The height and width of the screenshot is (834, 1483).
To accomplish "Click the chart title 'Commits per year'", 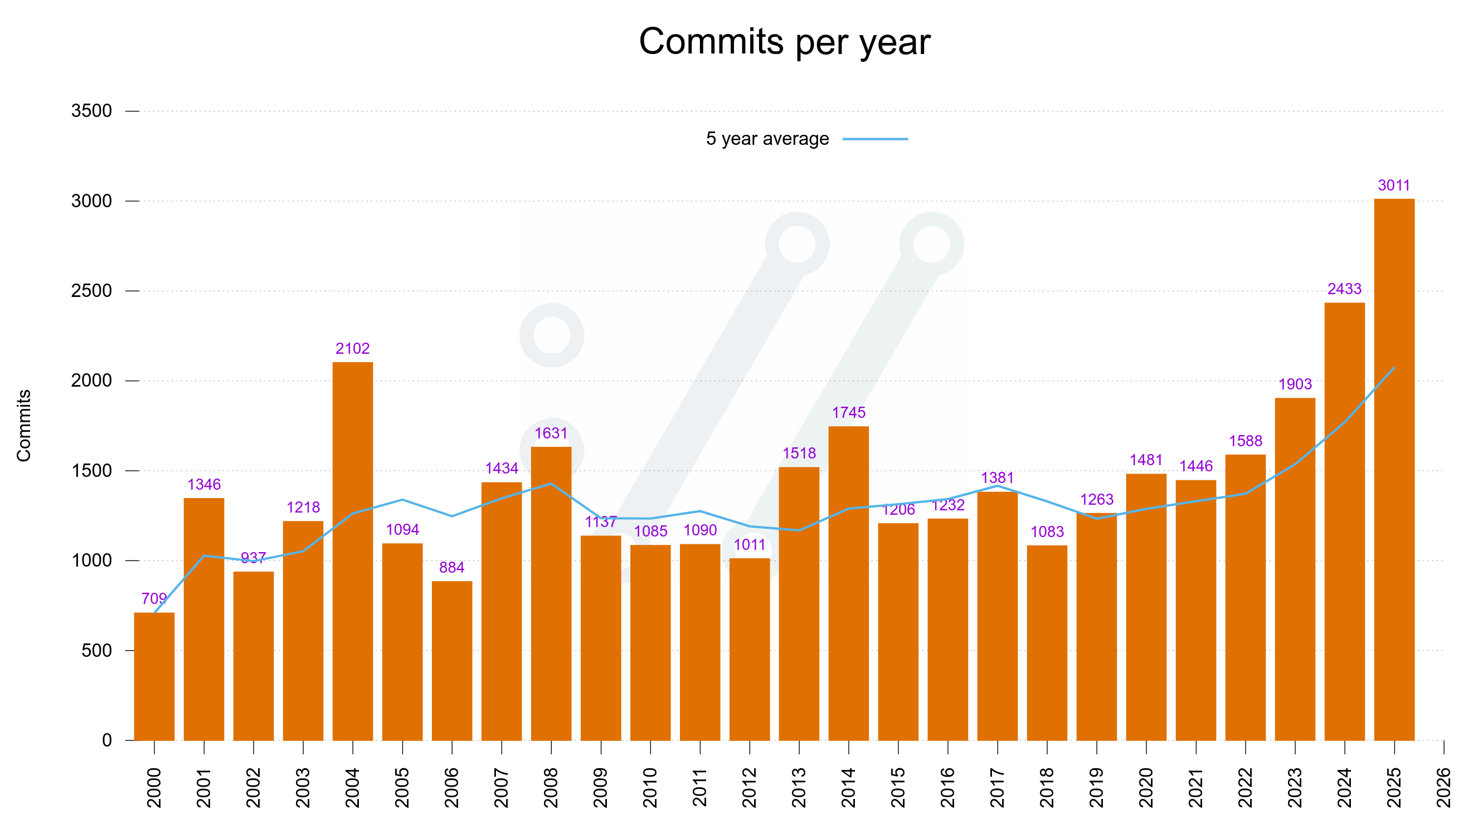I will pyautogui.click(x=784, y=41).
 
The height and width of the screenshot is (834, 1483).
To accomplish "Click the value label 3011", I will pyautogui.click(x=1394, y=186).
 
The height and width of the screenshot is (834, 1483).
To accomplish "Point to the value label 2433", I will pyautogui.click(x=1344, y=289).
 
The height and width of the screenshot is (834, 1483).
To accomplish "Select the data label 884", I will pyautogui.click(x=451, y=568).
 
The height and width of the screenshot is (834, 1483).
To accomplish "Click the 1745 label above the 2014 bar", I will pyautogui.click(x=849, y=413).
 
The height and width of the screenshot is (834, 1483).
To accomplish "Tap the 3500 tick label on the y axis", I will pyautogui.click(x=91, y=110).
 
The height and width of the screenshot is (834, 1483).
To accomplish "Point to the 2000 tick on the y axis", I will pyautogui.click(x=91, y=381).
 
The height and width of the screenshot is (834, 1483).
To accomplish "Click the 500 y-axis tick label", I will pyautogui.click(x=96, y=650).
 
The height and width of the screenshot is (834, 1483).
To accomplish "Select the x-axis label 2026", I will pyautogui.click(x=1443, y=787).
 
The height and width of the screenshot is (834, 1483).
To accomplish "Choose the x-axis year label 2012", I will pyautogui.click(x=749, y=787).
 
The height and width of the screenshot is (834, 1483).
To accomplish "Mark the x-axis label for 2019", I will pyautogui.click(x=1096, y=787).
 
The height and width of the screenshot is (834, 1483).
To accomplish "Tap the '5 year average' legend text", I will pyautogui.click(x=767, y=139).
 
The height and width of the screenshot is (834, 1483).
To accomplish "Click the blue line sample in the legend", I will pyautogui.click(x=875, y=139).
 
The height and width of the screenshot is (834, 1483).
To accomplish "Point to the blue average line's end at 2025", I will pyautogui.click(x=1393, y=368).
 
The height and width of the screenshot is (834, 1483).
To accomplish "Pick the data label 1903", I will pyautogui.click(x=1295, y=384).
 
